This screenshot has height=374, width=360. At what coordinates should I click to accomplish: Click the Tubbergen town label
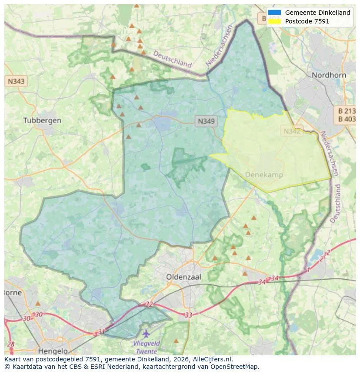[42, 120]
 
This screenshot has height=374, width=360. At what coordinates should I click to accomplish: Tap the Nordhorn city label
[329, 75]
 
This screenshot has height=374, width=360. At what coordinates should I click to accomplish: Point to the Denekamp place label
[264, 175]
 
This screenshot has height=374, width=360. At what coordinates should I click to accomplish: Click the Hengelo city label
[53, 351]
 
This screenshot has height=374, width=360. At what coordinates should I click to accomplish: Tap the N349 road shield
[206, 121]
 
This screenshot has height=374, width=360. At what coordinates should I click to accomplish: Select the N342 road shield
[292, 131]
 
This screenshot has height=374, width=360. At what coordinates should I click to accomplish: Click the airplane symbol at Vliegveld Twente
[146, 334]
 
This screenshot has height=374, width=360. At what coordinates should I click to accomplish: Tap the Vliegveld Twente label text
[146, 347]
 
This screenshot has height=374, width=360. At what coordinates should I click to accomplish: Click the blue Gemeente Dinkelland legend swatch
[274, 13]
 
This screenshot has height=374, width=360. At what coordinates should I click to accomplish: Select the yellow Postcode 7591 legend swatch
[274, 21]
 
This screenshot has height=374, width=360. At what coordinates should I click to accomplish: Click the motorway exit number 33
[188, 315]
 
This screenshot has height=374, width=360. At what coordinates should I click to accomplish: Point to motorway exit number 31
[101, 331]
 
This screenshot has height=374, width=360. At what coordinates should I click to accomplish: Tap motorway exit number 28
[11, 344]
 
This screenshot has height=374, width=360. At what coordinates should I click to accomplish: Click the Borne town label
[13, 292]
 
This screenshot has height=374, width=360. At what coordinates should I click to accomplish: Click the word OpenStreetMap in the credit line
[235, 367]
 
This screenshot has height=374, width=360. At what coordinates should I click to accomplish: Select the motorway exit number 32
[149, 304]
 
